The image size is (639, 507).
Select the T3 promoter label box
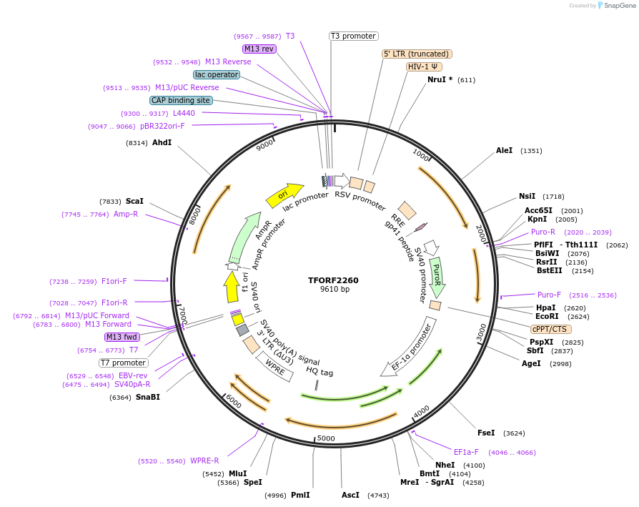[x=353, y=36]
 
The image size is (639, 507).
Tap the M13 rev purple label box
[x=259, y=49]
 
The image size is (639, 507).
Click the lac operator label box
[x=217, y=74]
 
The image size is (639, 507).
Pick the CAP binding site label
[x=180, y=100]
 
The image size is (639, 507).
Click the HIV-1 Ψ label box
[x=423, y=67]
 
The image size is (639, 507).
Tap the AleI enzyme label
[x=505, y=151]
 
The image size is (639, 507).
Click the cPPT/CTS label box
[x=550, y=329]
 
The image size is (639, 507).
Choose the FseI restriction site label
[x=486, y=433]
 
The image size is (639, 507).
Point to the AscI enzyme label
[x=350, y=495]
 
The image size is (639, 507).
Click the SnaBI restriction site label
[x=148, y=397]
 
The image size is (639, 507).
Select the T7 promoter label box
[x=124, y=363]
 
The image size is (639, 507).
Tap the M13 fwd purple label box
[x=122, y=337]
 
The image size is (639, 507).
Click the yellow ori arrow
[x=280, y=195]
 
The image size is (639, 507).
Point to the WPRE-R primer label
[x=204, y=461]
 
